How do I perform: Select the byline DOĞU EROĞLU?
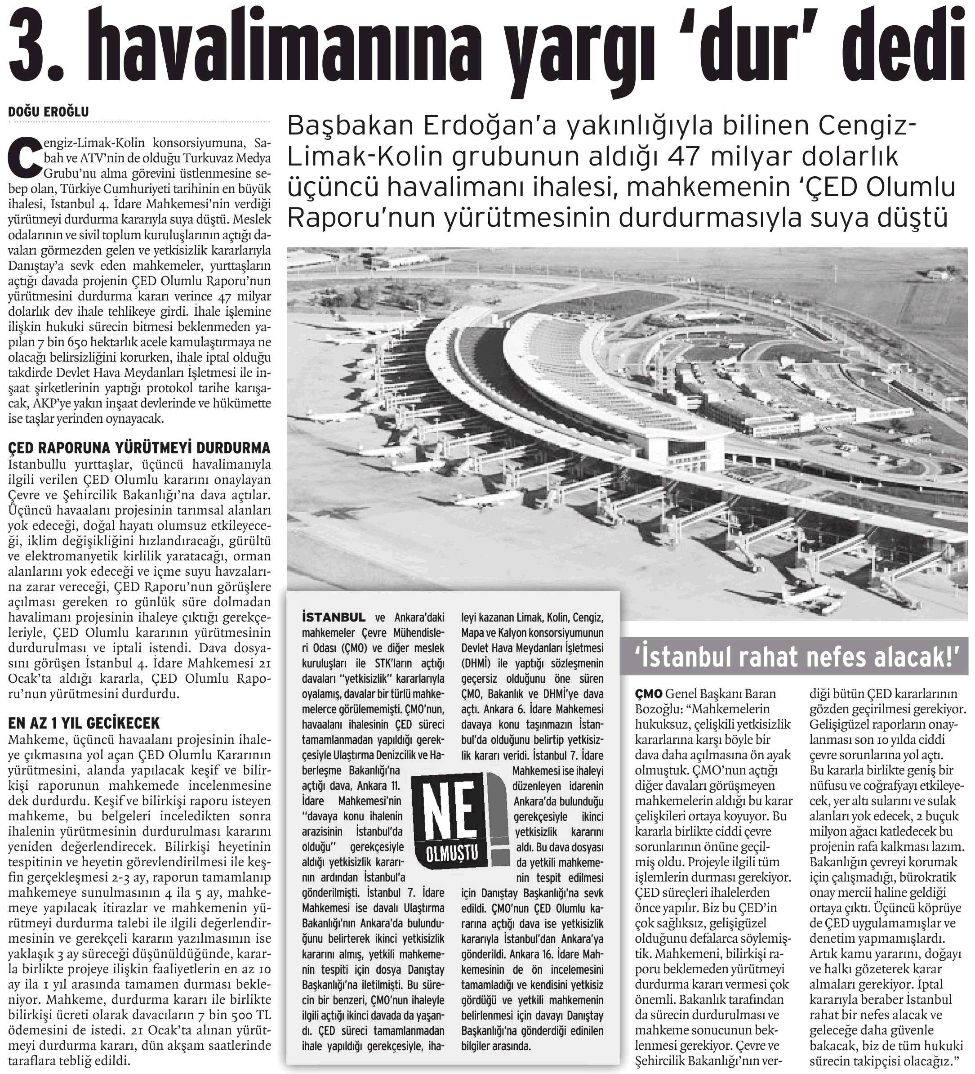click(49, 112)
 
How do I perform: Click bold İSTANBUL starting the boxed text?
click(334, 618)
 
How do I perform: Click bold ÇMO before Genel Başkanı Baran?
click(649, 694)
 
